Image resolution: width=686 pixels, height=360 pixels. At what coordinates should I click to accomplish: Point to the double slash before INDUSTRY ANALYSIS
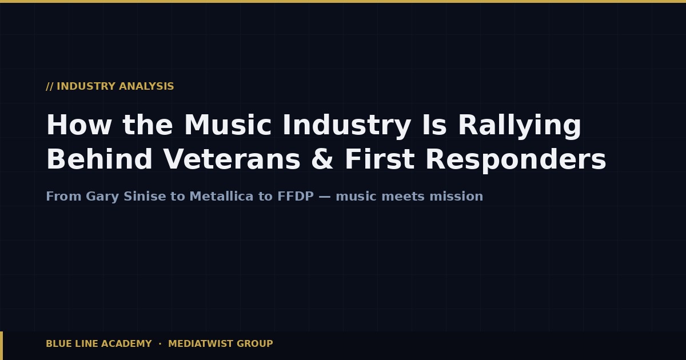click(x=49, y=86)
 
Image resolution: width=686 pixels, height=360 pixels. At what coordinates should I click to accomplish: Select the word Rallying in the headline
click(x=519, y=126)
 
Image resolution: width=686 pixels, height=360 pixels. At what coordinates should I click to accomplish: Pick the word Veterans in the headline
click(x=232, y=160)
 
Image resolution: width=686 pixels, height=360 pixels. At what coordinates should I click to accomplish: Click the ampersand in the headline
click(x=322, y=160)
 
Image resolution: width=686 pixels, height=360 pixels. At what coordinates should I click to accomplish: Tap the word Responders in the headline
click(x=515, y=160)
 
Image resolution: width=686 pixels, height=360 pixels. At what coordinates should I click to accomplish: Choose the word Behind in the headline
click(x=99, y=160)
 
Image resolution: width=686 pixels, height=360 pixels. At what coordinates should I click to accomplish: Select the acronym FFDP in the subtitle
click(x=296, y=197)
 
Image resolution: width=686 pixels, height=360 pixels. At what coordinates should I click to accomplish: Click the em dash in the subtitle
click(x=325, y=197)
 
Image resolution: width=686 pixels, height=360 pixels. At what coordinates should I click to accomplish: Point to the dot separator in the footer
click(x=160, y=344)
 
